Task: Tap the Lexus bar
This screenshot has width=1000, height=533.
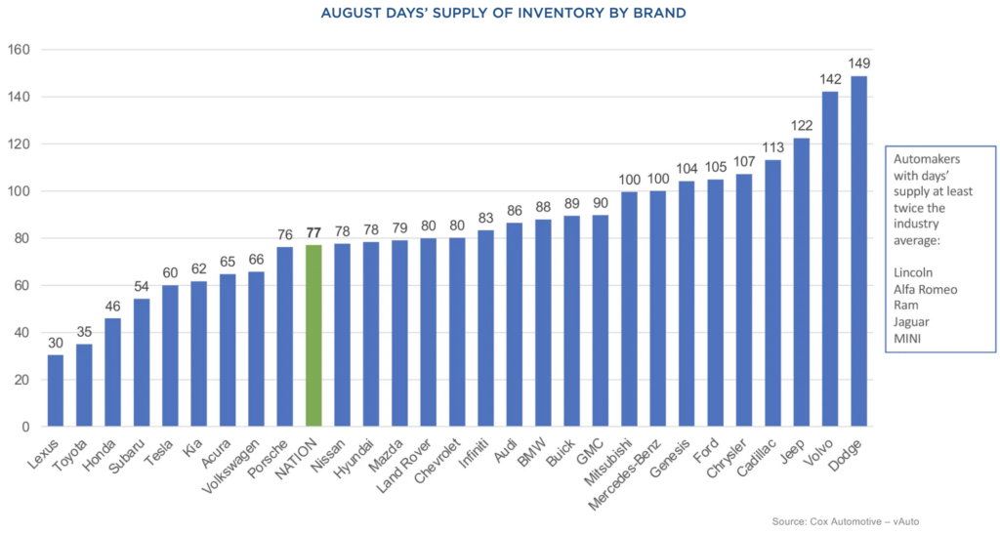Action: [x=55, y=391]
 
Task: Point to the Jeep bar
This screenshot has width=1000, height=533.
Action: [x=801, y=283]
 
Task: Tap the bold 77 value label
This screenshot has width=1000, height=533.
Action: [x=312, y=234]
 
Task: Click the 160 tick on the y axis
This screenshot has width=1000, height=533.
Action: [x=19, y=51]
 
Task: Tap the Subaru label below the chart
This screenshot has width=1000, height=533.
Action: [x=129, y=457]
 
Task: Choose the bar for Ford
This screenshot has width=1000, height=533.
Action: [x=715, y=304]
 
